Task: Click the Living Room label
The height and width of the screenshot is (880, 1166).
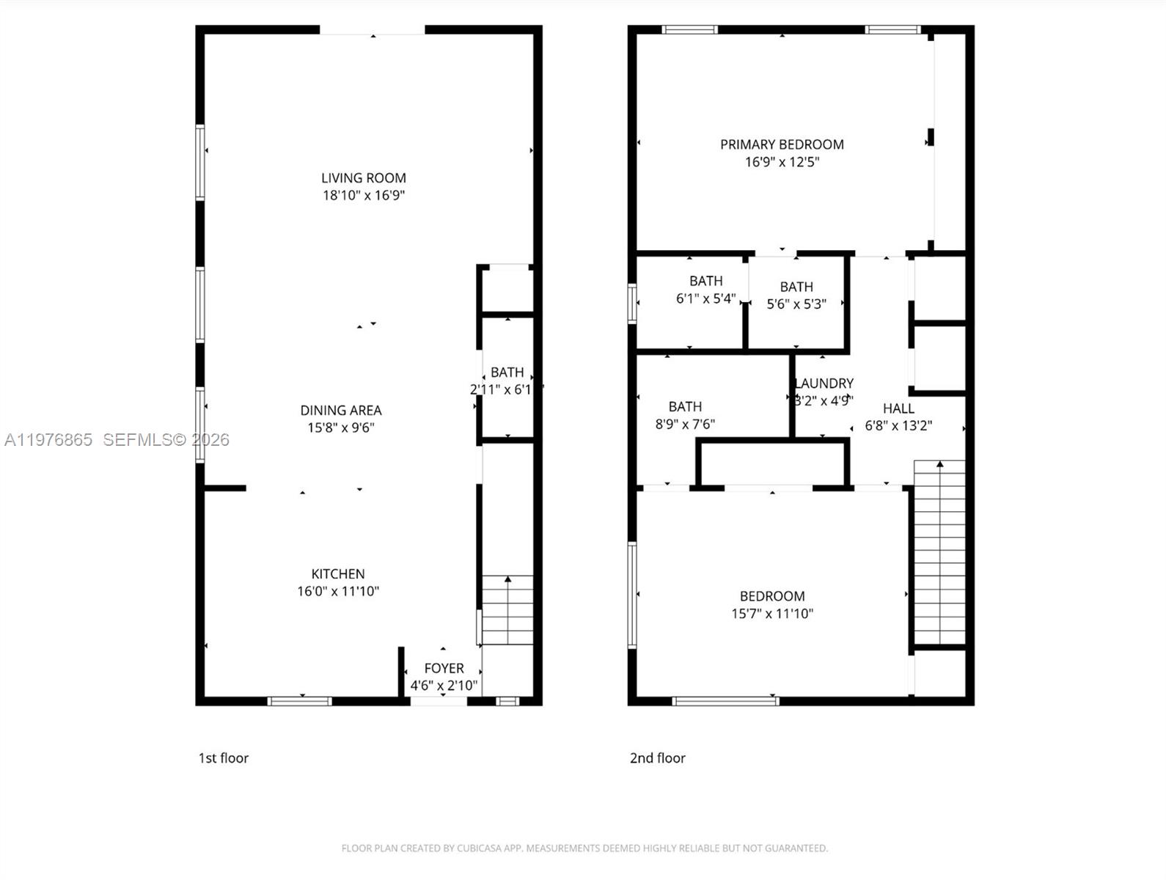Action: pyautogui.click(x=363, y=178)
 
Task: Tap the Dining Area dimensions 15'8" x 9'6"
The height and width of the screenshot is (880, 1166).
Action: pyautogui.click(x=340, y=428)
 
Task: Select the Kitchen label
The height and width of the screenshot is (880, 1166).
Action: pyautogui.click(x=337, y=574)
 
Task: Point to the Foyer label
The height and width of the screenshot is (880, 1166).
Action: pyautogui.click(x=444, y=669)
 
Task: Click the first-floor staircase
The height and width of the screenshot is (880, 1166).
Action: pyautogui.click(x=507, y=610)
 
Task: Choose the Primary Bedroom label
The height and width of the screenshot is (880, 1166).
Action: pyautogui.click(x=782, y=144)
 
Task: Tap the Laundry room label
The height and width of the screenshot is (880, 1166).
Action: pyautogui.click(x=824, y=384)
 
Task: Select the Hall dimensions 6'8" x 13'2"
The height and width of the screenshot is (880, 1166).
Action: pyautogui.click(x=898, y=425)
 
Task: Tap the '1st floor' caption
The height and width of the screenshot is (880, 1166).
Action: pyautogui.click(x=224, y=758)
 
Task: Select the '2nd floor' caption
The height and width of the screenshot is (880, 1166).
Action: pyautogui.click(x=657, y=758)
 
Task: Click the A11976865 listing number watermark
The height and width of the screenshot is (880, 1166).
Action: pyautogui.click(x=48, y=440)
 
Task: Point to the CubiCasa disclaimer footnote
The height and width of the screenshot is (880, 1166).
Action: pyautogui.click(x=584, y=848)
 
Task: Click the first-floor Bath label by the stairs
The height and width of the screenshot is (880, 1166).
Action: pyautogui.click(x=507, y=373)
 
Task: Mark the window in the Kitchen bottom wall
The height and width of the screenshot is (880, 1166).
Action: pyautogui.click(x=299, y=701)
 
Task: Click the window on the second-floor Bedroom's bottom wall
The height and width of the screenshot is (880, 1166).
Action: pyautogui.click(x=725, y=701)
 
